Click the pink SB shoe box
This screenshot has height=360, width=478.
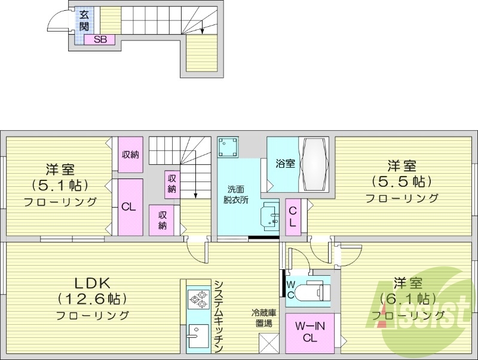99,39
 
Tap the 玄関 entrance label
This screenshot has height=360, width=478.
84,21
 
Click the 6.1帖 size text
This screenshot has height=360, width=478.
409,297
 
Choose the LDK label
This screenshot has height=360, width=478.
92,282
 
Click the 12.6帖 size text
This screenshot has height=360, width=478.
92,298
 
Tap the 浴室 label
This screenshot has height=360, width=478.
285,163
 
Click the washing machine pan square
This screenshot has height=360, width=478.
228,146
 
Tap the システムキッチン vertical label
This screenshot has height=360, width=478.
219,316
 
